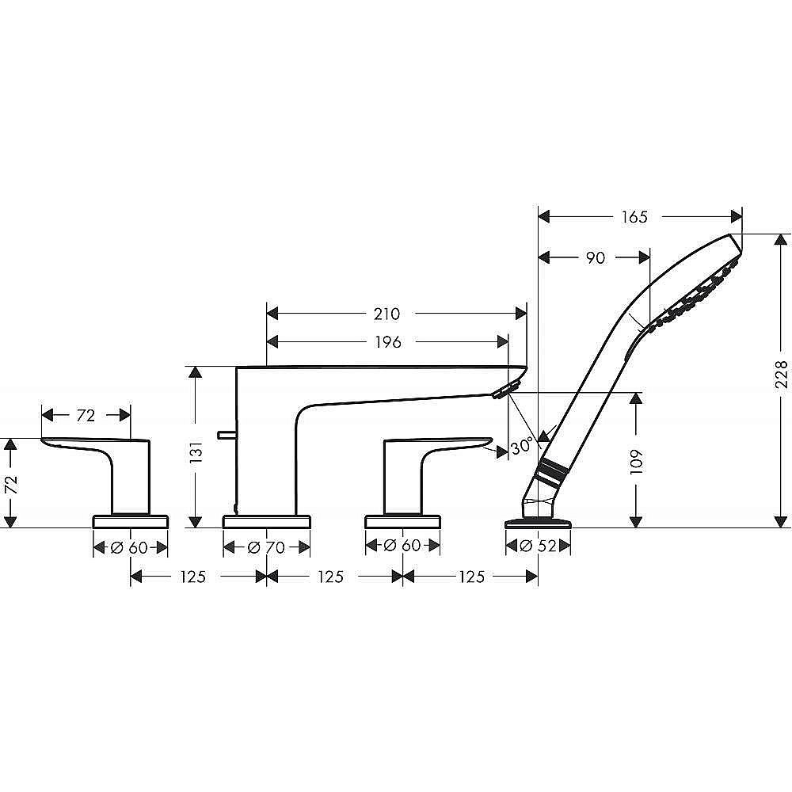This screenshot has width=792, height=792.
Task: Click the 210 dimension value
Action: pyautogui.click(x=386, y=314)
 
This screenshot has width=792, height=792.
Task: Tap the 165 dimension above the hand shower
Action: pyautogui.click(x=634, y=217)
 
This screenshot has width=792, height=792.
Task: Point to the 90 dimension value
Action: pyautogui.click(x=595, y=257)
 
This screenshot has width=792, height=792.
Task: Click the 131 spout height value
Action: pyautogui.click(x=197, y=450)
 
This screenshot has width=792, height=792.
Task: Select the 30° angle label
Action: pyautogui.click(x=521, y=447)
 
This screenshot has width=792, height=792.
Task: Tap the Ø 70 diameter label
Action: pyautogui.click(x=267, y=546)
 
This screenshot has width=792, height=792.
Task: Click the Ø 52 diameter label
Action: pyautogui.click(x=539, y=546)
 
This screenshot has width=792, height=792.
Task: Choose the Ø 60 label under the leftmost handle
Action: pyautogui.click(x=131, y=546)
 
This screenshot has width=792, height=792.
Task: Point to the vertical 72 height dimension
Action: pyautogui.click(x=11, y=483)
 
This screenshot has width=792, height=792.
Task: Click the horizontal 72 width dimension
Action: pyautogui.click(x=86, y=415)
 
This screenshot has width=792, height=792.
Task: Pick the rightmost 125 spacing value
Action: pyautogui.click(x=471, y=577)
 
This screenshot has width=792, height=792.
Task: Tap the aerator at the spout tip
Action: pyautogui.click(x=504, y=388)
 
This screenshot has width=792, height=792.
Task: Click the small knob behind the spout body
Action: pyautogui.click(x=225, y=434)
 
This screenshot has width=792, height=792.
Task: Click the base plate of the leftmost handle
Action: pyautogui.click(x=131, y=521)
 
